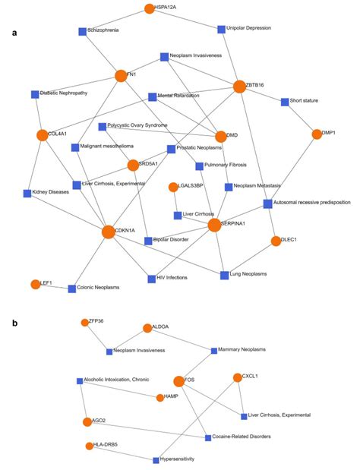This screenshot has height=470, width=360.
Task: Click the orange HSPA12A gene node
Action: point(149,8)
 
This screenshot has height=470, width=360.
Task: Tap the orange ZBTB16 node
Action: point(239,87)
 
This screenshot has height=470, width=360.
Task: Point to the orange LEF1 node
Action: point(34,284)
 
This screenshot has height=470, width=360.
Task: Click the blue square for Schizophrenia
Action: point(82,31)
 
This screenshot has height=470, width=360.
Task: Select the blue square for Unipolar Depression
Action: point(221,30)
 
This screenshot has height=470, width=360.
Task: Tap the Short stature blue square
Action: point(284,101)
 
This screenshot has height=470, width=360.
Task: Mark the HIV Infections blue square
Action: point(151,279)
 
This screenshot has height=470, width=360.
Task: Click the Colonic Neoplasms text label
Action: point(99,288)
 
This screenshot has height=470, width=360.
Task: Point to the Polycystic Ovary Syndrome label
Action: point(137,125)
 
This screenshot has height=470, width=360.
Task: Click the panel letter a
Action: point(15,33)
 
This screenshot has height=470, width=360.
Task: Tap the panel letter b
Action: point(15,323)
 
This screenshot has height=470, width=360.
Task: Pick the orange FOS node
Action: point(179,381)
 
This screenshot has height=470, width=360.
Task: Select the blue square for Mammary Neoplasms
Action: point(213,350)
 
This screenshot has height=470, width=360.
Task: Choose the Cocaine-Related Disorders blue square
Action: point(207,437)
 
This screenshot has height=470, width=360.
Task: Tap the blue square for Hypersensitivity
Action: point(156,459)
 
